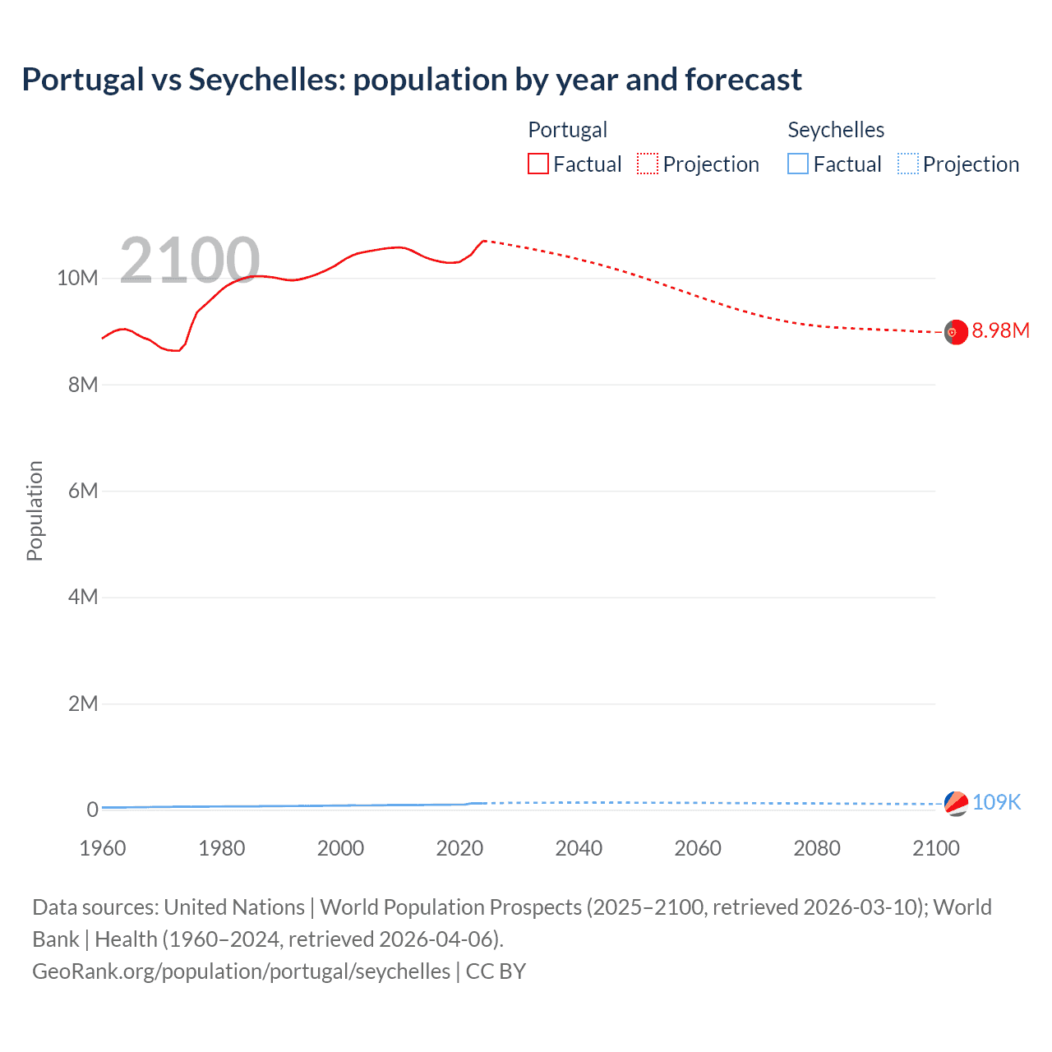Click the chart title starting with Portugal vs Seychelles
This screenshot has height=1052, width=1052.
click(x=412, y=80)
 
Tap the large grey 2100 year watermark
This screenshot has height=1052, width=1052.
click(x=190, y=261)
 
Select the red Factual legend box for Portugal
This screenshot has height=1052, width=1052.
click(x=538, y=164)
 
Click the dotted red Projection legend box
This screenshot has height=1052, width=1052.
click(x=648, y=164)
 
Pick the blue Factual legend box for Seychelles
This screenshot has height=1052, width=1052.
click(x=798, y=164)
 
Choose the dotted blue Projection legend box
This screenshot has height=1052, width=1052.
click(x=908, y=164)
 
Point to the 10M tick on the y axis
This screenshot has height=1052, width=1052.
click(x=77, y=279)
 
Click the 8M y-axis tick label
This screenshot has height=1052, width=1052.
click(x=83, y=385)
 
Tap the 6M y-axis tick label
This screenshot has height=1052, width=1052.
click(x=83, y=491)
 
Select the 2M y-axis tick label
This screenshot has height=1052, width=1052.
click(x=83, y=704)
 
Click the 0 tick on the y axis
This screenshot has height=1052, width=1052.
click(x=92, y=810)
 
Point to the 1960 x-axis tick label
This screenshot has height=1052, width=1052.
click(x=103, y=848)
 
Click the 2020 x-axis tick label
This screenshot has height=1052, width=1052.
click(x=459, y=848)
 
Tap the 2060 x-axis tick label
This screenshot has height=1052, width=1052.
click(x=698, y=848)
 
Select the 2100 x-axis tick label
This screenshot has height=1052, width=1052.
click(x=935, y=848)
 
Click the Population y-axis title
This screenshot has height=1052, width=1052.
click(x=35, y=510)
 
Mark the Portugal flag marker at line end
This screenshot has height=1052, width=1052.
click(x=956, y=332)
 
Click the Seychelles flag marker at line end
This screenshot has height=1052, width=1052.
click(x=956, y=803)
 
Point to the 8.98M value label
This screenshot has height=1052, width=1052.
click(x=1000, y=330)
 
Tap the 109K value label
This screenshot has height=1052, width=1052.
click(x=996, y=802)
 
